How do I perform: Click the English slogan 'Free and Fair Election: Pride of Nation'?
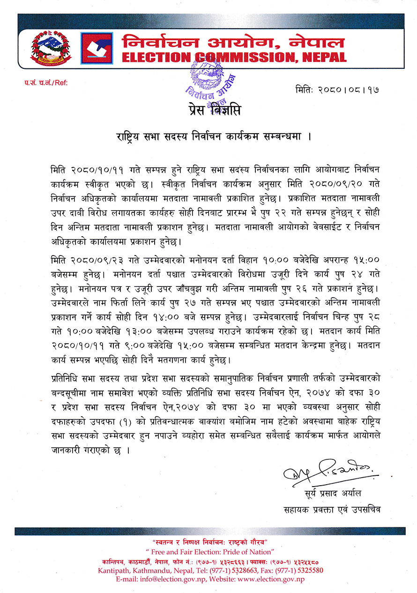click(209, 552)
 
